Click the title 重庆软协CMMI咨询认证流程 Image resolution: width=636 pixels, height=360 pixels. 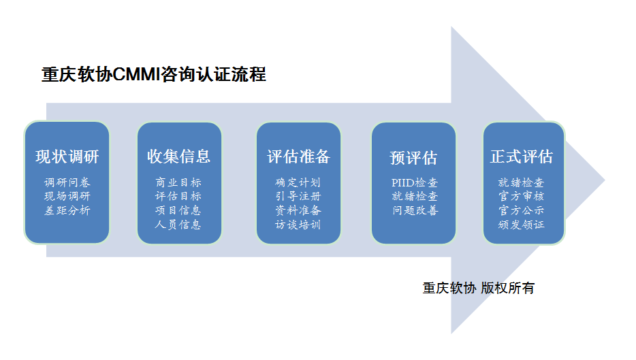[x=154, y=74]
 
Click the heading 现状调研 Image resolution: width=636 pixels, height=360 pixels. [x=67, y=157]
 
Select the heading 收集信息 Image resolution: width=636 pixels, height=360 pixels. [x=179, y=156]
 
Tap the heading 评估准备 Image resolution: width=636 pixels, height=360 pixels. [x=298, y=157]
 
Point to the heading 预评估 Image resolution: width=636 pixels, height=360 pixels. [x=413, y=158]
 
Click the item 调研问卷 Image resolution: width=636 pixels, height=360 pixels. [x=67, y=182]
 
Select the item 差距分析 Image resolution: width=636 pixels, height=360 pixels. [x=67, y=210]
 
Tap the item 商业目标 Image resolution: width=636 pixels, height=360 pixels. [x=179, y=182]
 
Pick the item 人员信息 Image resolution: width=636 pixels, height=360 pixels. [x=179, y=225]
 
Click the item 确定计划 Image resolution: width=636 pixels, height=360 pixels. [x=298, y=182]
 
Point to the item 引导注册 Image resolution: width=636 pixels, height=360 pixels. [x=298, y=196]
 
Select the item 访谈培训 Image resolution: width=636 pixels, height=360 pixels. [x=298, y=225]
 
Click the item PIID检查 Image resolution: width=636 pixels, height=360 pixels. [x=414, y=182]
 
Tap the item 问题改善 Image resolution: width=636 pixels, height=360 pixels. [x=414, y=210]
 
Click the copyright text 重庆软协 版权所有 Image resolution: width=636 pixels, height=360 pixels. [x=478, y=288]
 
